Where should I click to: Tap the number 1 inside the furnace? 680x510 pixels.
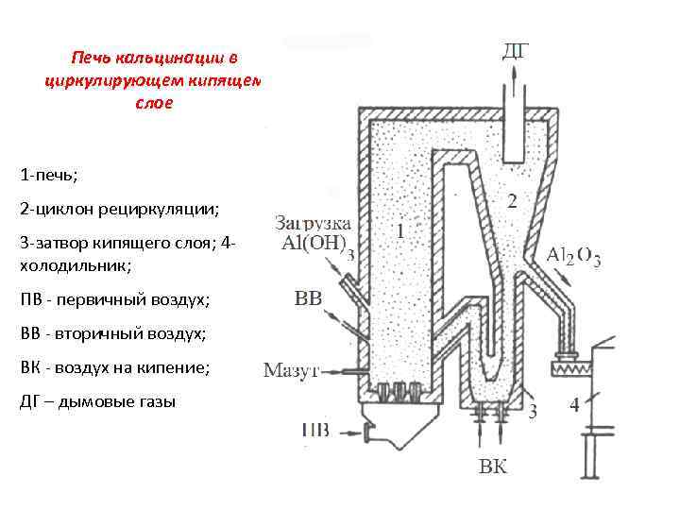pos(401,229)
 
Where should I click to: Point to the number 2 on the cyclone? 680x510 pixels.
pos(512,200)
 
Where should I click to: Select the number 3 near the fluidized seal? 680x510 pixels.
pos(533,410)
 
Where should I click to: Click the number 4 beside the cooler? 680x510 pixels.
pos(575,406)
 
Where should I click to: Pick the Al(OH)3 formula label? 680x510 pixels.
pos(318,244)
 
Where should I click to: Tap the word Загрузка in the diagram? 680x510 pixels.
pos(313,224)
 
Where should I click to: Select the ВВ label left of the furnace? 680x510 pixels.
pos(309,299)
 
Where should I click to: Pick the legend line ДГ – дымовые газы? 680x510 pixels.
pos(97,401)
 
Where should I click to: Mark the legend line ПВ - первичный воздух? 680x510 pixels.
pos(114,300)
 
